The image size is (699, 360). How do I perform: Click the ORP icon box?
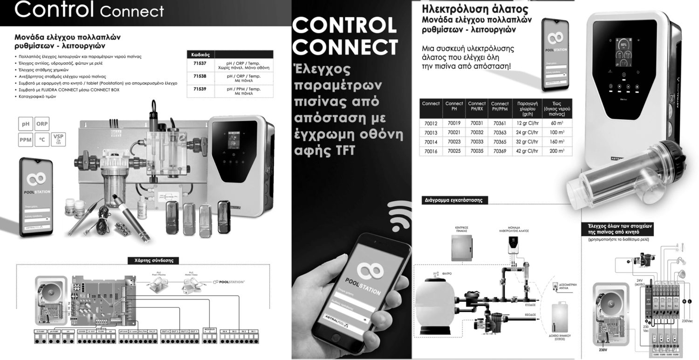pyautogui.click(x=41, y=124)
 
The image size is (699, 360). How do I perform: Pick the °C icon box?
pyautogui.click(x=41, y=139)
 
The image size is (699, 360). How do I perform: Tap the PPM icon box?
pyautogui.click(x=25, y=139)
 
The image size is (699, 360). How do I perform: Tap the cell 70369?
pyautogui.click(x=500, y=151)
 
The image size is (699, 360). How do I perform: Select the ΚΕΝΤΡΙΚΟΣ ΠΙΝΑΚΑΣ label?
pyautogui.click(x=461, y=230)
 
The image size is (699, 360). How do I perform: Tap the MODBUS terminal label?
pyautogui.click(x=210, y=329)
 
